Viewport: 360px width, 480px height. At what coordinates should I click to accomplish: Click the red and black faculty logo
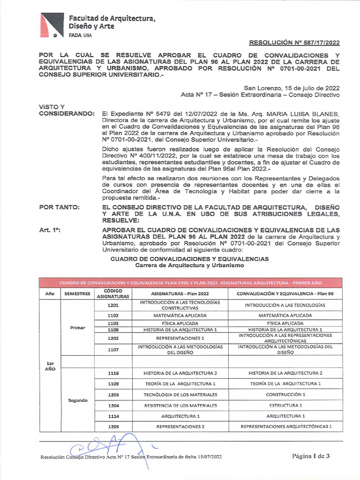51,25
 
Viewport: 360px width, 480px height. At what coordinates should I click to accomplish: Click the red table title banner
190,283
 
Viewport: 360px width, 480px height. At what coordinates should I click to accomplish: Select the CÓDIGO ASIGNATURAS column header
112,293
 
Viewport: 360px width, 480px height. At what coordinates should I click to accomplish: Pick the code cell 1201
112,305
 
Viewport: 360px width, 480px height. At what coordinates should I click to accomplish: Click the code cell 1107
112,350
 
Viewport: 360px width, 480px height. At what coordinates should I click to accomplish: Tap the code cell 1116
112,373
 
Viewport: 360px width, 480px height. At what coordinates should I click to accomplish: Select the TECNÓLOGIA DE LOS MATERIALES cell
180,395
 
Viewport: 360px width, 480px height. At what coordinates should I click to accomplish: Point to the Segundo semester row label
77,400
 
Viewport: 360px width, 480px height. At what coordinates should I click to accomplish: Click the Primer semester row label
77,328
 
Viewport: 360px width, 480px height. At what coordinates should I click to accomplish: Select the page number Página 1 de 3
311,456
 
